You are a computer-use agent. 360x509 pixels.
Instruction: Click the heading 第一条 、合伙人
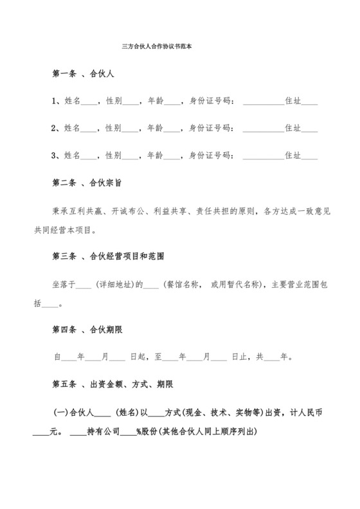83,74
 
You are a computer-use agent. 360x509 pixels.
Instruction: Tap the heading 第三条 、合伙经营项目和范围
108,256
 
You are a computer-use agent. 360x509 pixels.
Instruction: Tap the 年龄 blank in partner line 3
172,157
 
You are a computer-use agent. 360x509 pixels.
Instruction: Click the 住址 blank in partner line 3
309,157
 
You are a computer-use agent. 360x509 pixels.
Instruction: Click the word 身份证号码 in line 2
209,129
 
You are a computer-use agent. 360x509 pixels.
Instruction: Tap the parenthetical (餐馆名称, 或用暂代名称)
213,284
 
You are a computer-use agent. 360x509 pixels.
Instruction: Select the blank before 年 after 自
68,357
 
